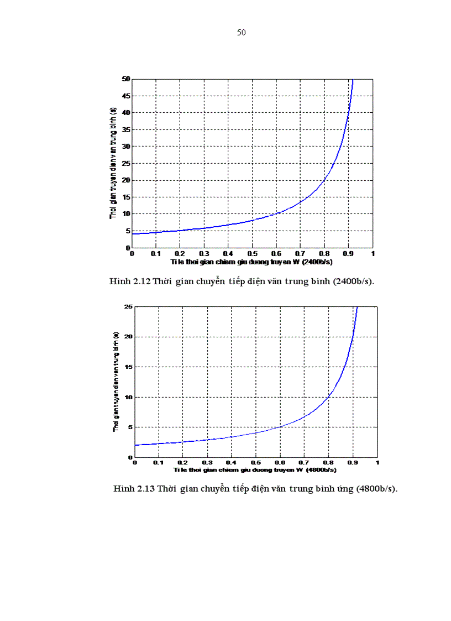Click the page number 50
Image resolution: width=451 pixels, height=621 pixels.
[241, 33]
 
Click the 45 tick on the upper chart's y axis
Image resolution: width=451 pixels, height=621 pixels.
[126, 96]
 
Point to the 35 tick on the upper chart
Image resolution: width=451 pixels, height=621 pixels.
[126, 129]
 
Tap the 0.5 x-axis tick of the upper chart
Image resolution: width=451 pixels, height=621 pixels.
[252, 253]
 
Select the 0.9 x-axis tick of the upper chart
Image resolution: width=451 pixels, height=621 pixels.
[349, 253]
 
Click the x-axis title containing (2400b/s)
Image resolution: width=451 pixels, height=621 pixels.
[251, 260]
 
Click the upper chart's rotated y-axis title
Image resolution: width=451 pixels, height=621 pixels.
[113, 163]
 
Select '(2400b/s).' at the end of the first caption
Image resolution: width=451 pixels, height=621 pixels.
[353, 281]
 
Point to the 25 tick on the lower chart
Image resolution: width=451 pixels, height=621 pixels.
[129, 306]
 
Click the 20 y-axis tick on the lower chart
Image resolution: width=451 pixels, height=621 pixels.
[129, 337]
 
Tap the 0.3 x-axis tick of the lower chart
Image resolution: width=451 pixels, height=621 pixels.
[207, 462]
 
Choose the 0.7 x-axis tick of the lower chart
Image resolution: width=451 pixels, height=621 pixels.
[304, 462]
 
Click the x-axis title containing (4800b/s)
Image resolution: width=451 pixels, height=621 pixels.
[255, 469]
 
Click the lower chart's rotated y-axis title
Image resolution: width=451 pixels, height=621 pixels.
[116, 382]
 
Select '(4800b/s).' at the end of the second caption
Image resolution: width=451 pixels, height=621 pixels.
[376, 489]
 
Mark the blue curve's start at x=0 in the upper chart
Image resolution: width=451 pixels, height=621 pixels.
[132, 234]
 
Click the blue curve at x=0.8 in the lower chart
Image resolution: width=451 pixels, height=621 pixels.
[328, 397]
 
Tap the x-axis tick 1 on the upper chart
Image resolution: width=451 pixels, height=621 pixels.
[373, 253]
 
